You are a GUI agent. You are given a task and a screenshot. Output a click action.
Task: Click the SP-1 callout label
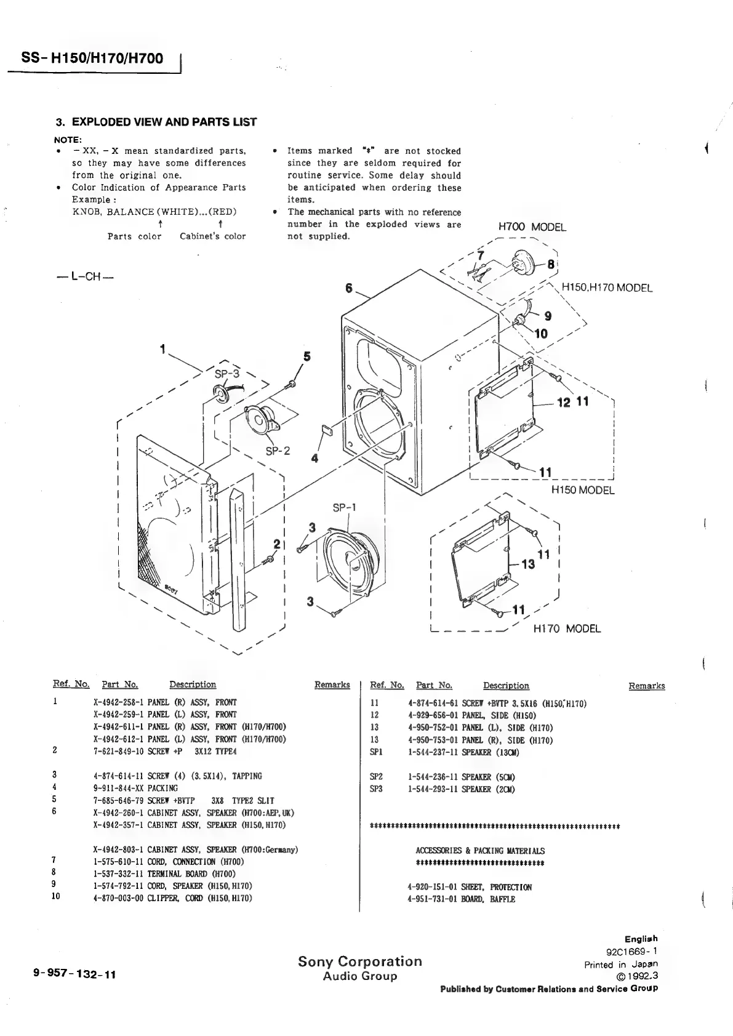point(344,508)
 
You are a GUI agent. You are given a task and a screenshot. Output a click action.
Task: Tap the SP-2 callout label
point(278,451)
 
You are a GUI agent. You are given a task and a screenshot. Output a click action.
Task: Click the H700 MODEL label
point(532,227)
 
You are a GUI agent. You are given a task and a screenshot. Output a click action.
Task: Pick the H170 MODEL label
point(567,628)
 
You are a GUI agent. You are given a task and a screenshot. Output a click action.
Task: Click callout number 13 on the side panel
point(528,564)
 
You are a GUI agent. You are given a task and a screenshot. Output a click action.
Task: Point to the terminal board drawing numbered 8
point(526,260)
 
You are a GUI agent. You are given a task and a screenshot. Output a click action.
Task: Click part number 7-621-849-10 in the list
point(121,752)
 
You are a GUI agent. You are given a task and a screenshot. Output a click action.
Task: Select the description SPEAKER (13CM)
point(491,752)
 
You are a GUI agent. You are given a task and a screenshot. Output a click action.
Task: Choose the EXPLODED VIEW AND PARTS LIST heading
point(156,122)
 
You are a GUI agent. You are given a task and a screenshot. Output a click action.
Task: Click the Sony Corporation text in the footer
point(360,962)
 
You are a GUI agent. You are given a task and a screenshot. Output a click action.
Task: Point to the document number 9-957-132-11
point(76,975)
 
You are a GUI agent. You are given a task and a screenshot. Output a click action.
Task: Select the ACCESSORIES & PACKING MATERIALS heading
point(480,851)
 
